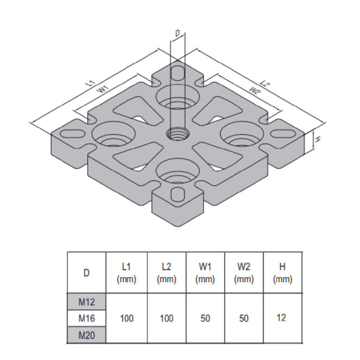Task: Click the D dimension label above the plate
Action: coord(177,33)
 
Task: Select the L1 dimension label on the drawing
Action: coord(90,82)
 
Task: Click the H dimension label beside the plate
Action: coord(317,139)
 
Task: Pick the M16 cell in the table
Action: coord(87,318)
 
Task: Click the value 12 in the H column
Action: coord(281,318)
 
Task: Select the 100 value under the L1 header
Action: coord(127,318)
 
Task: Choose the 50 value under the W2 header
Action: coord(244,318)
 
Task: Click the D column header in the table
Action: coord(87,273)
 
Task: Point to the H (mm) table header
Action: coord(282,273)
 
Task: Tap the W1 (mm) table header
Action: coord(205,273)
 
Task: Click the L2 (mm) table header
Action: coord(166,273)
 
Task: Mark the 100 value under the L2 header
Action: coord(166,318)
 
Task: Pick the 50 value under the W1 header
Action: coord(205,318)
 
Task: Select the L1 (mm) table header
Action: coord(127,273)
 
